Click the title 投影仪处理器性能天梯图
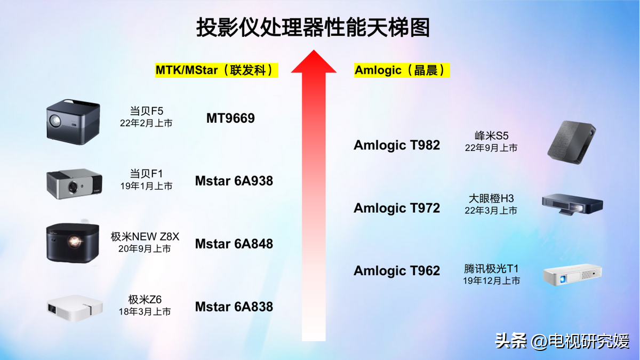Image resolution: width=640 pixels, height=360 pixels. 313,27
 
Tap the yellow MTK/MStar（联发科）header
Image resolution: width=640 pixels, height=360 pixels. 217,70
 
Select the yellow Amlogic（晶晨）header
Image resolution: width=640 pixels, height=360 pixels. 402,70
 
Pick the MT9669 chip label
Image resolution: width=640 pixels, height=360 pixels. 230,118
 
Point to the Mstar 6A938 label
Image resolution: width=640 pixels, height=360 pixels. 234,181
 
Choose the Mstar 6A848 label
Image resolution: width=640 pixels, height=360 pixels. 234,244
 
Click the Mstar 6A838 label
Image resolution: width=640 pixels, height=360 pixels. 234,307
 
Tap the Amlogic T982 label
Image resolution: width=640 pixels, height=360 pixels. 397,145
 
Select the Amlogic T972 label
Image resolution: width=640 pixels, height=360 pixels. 397,208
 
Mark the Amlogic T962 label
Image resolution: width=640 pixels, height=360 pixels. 397,270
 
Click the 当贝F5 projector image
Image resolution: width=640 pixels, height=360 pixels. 73,122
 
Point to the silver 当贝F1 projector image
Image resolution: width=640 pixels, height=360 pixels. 74,183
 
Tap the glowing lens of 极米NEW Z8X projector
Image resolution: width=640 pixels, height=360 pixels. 75,241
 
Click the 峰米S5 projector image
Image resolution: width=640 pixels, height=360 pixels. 572,142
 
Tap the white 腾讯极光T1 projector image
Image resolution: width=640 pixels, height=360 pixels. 572,275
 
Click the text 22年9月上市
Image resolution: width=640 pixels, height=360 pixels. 491,148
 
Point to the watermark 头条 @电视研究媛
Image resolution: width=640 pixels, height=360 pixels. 562,341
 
